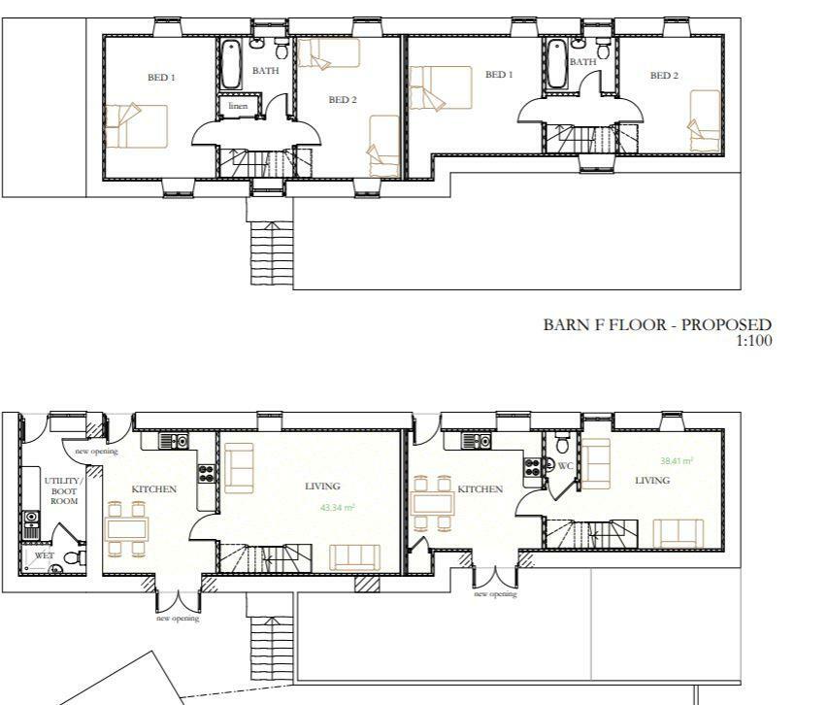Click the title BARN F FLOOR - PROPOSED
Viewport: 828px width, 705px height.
[657, 324]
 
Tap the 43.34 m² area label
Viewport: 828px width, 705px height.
[337, 508]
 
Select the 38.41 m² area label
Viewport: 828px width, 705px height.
[677, 462]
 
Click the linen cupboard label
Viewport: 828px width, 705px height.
[238, 106]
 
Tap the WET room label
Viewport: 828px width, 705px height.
[44, 556]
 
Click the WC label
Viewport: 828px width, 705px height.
[567, 466]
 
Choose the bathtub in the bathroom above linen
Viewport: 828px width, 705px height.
[231, 64]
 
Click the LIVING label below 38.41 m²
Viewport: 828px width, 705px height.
[652, 480]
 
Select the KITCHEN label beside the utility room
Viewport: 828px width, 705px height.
[154, 489]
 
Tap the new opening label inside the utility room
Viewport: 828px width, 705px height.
[89, 452]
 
